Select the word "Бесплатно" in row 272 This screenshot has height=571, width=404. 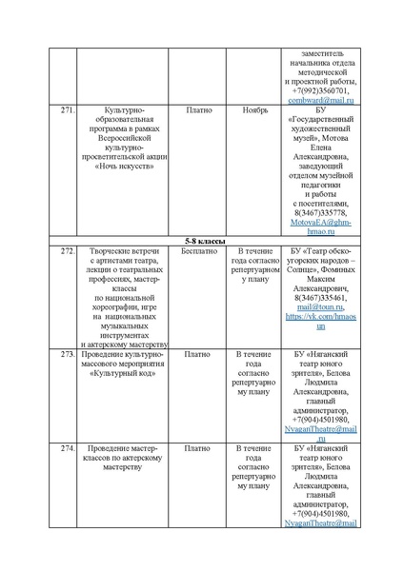(x=198, y=250)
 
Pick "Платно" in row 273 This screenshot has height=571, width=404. (x=198, y=354)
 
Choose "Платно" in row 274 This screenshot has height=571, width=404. (x=198, y=447)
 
